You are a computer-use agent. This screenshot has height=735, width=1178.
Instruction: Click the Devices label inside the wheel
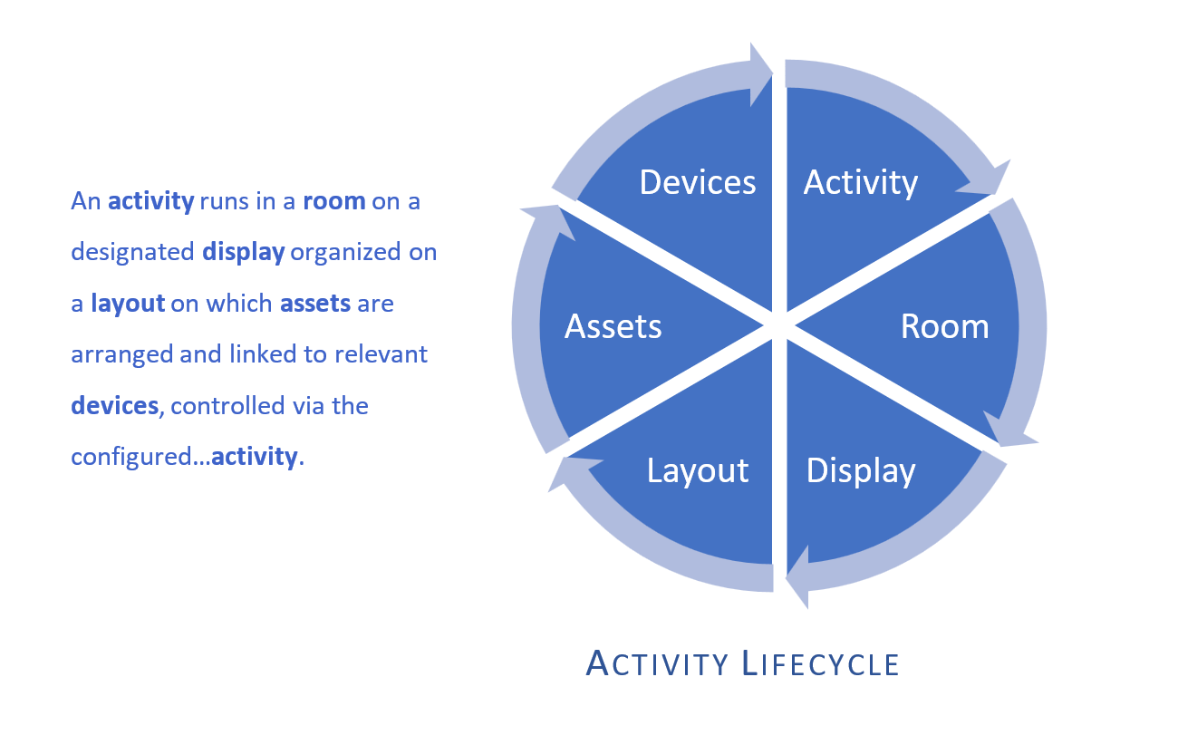(697, 182)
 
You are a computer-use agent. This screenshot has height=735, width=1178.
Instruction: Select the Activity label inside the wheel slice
(861, 182)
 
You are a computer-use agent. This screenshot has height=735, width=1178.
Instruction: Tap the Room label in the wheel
(944, 326)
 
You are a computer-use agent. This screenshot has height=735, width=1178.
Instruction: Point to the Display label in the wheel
(861, 470)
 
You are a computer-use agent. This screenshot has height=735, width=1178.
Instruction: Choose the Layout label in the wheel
(698, 470)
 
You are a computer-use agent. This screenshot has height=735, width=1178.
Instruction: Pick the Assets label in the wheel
(613, 326)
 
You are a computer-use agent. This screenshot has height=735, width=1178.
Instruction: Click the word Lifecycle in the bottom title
(821, 663)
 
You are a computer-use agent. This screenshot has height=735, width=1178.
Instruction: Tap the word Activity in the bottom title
(658, 663)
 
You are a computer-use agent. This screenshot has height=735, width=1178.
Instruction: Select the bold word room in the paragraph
(334, 201)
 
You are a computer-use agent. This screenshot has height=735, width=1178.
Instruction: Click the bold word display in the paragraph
(244, 252)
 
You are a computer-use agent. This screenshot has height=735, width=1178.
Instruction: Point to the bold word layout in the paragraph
(128, 303)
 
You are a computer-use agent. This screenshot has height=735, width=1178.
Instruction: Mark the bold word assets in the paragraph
(315, 303)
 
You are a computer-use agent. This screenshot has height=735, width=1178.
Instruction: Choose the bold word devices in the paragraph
(114, 405)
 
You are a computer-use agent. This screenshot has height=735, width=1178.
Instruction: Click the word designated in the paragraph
(133, 252)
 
